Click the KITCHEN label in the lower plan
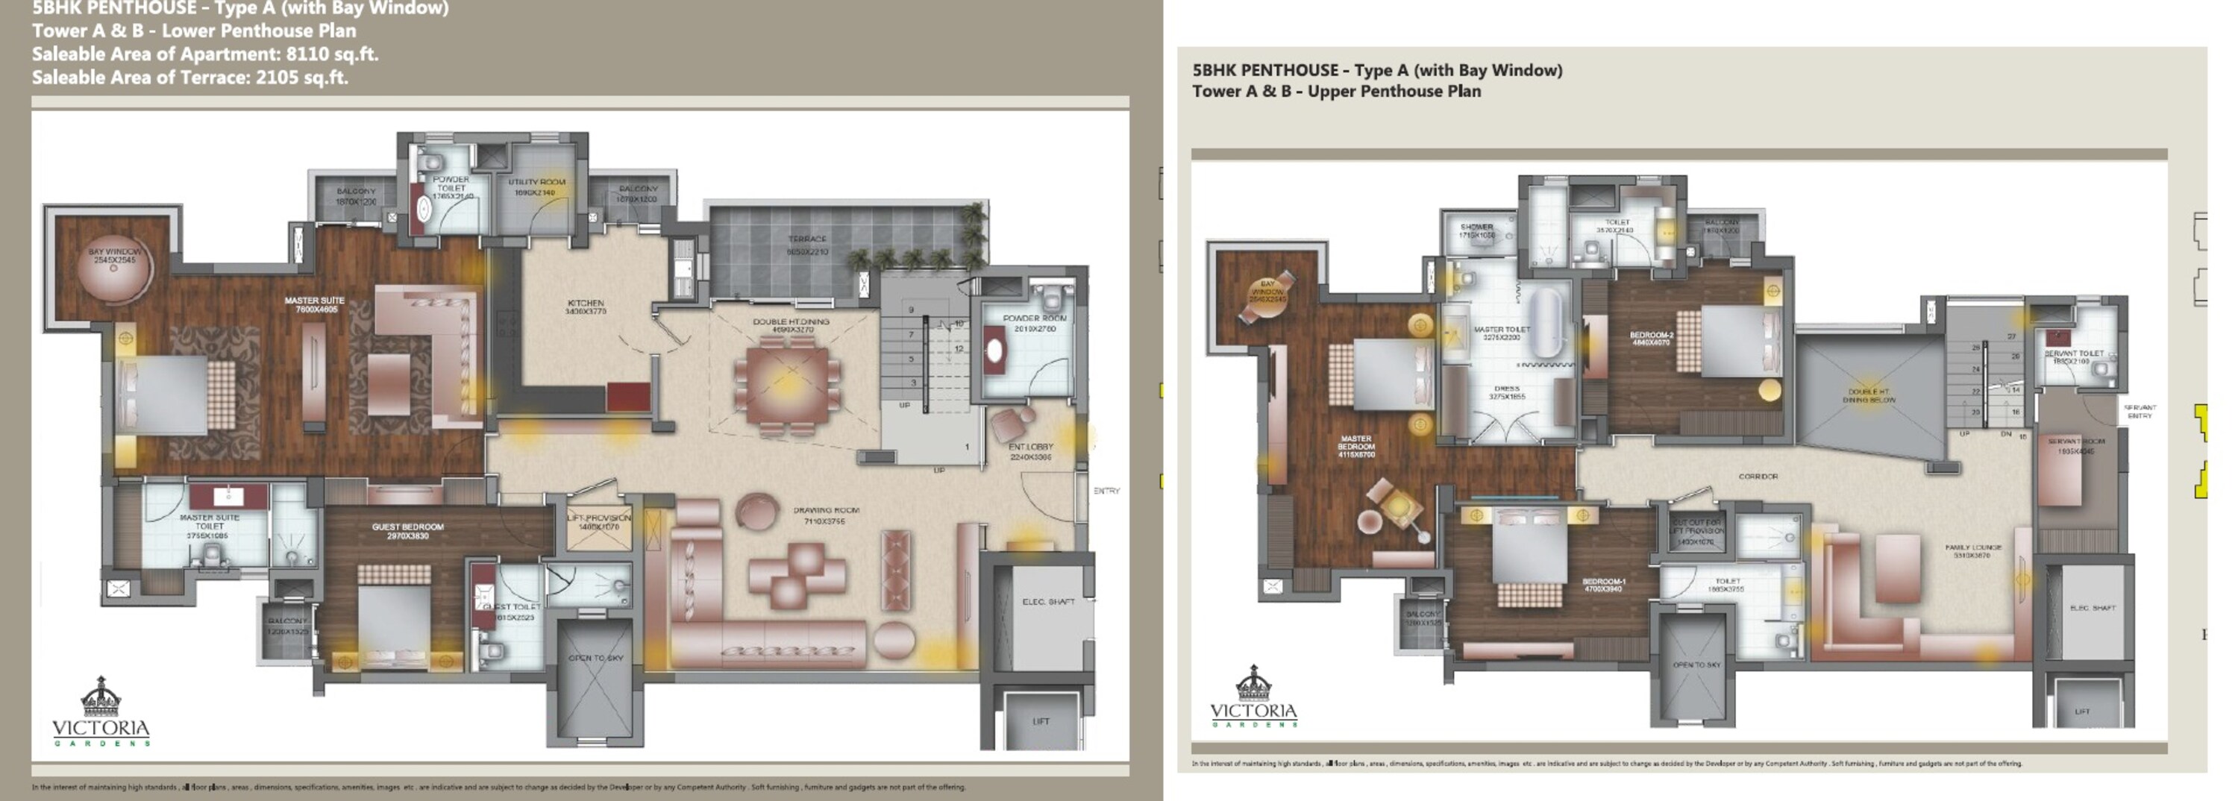click(585, 304)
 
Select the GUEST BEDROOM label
click(407, 527)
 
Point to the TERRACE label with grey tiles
click(807, 239)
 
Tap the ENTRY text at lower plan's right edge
click(1106, 491)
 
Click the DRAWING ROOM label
click(825, 511)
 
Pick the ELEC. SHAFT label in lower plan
click(1048, 601)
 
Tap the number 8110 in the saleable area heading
click(307, 54)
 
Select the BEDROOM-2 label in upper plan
click(1651, 336)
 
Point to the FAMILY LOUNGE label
click(1973, 548)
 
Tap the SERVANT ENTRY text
click(2139, 411)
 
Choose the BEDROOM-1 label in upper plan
click(1603, 582)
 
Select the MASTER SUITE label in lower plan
click(315, 301)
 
